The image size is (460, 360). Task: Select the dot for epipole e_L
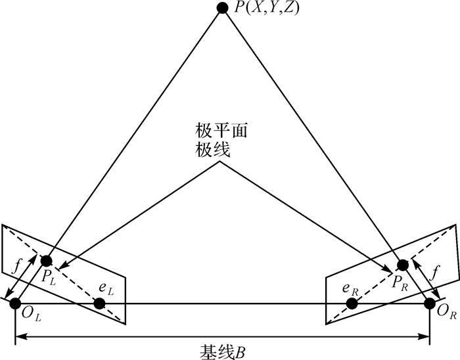[x=100, y=303]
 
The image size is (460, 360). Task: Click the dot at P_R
[x=403, y=265]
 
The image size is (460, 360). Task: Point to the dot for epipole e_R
[x=352, y=303]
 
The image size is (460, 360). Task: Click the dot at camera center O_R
[x=430, y=303]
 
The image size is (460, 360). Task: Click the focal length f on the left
[x=16, y=267]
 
